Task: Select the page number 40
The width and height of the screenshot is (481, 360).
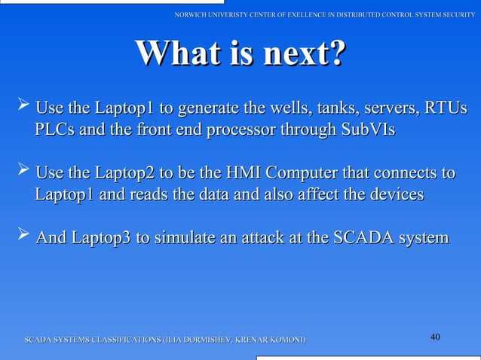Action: click(435, 336)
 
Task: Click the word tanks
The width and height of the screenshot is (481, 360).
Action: click(338, 110)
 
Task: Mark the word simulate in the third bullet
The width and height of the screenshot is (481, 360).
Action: click(181, 238)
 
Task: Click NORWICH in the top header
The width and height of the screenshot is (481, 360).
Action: click(191, 15)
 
